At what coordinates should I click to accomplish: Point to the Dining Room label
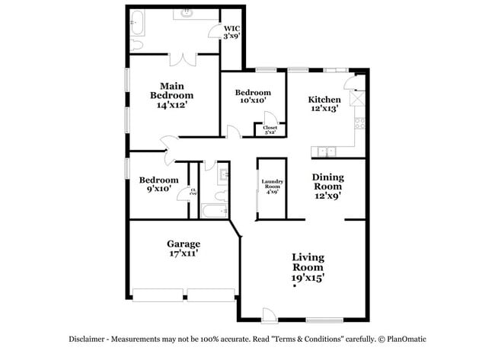[327, 186]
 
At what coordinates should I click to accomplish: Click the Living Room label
[308, 268]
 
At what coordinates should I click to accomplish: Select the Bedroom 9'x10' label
[158, 184]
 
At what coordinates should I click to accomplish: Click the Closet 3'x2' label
[270, 129]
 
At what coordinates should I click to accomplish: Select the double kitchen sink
[325, 151]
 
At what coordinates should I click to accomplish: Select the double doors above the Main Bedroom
[184, 59]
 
